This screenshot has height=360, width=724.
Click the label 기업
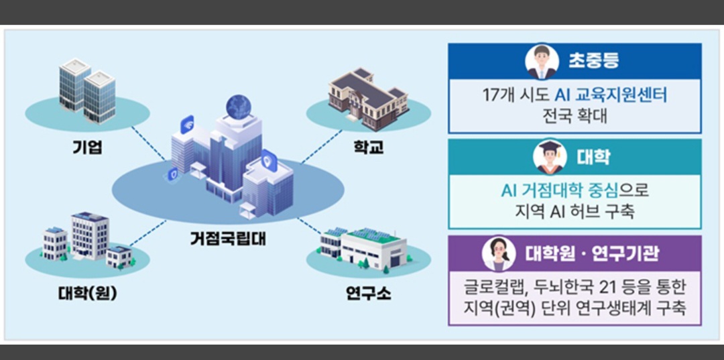[x=87, y=148]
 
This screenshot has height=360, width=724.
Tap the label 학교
[x=369, y=147]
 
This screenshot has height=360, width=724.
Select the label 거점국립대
[x=227, y=237]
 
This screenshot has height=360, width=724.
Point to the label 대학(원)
[x=87, y=293]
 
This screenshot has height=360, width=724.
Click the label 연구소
[x=369, y=293]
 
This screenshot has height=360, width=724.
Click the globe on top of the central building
[x=238, y=107]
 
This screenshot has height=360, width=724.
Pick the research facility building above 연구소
[x=365, y=248]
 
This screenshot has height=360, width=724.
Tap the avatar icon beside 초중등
[x=542, y=61]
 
